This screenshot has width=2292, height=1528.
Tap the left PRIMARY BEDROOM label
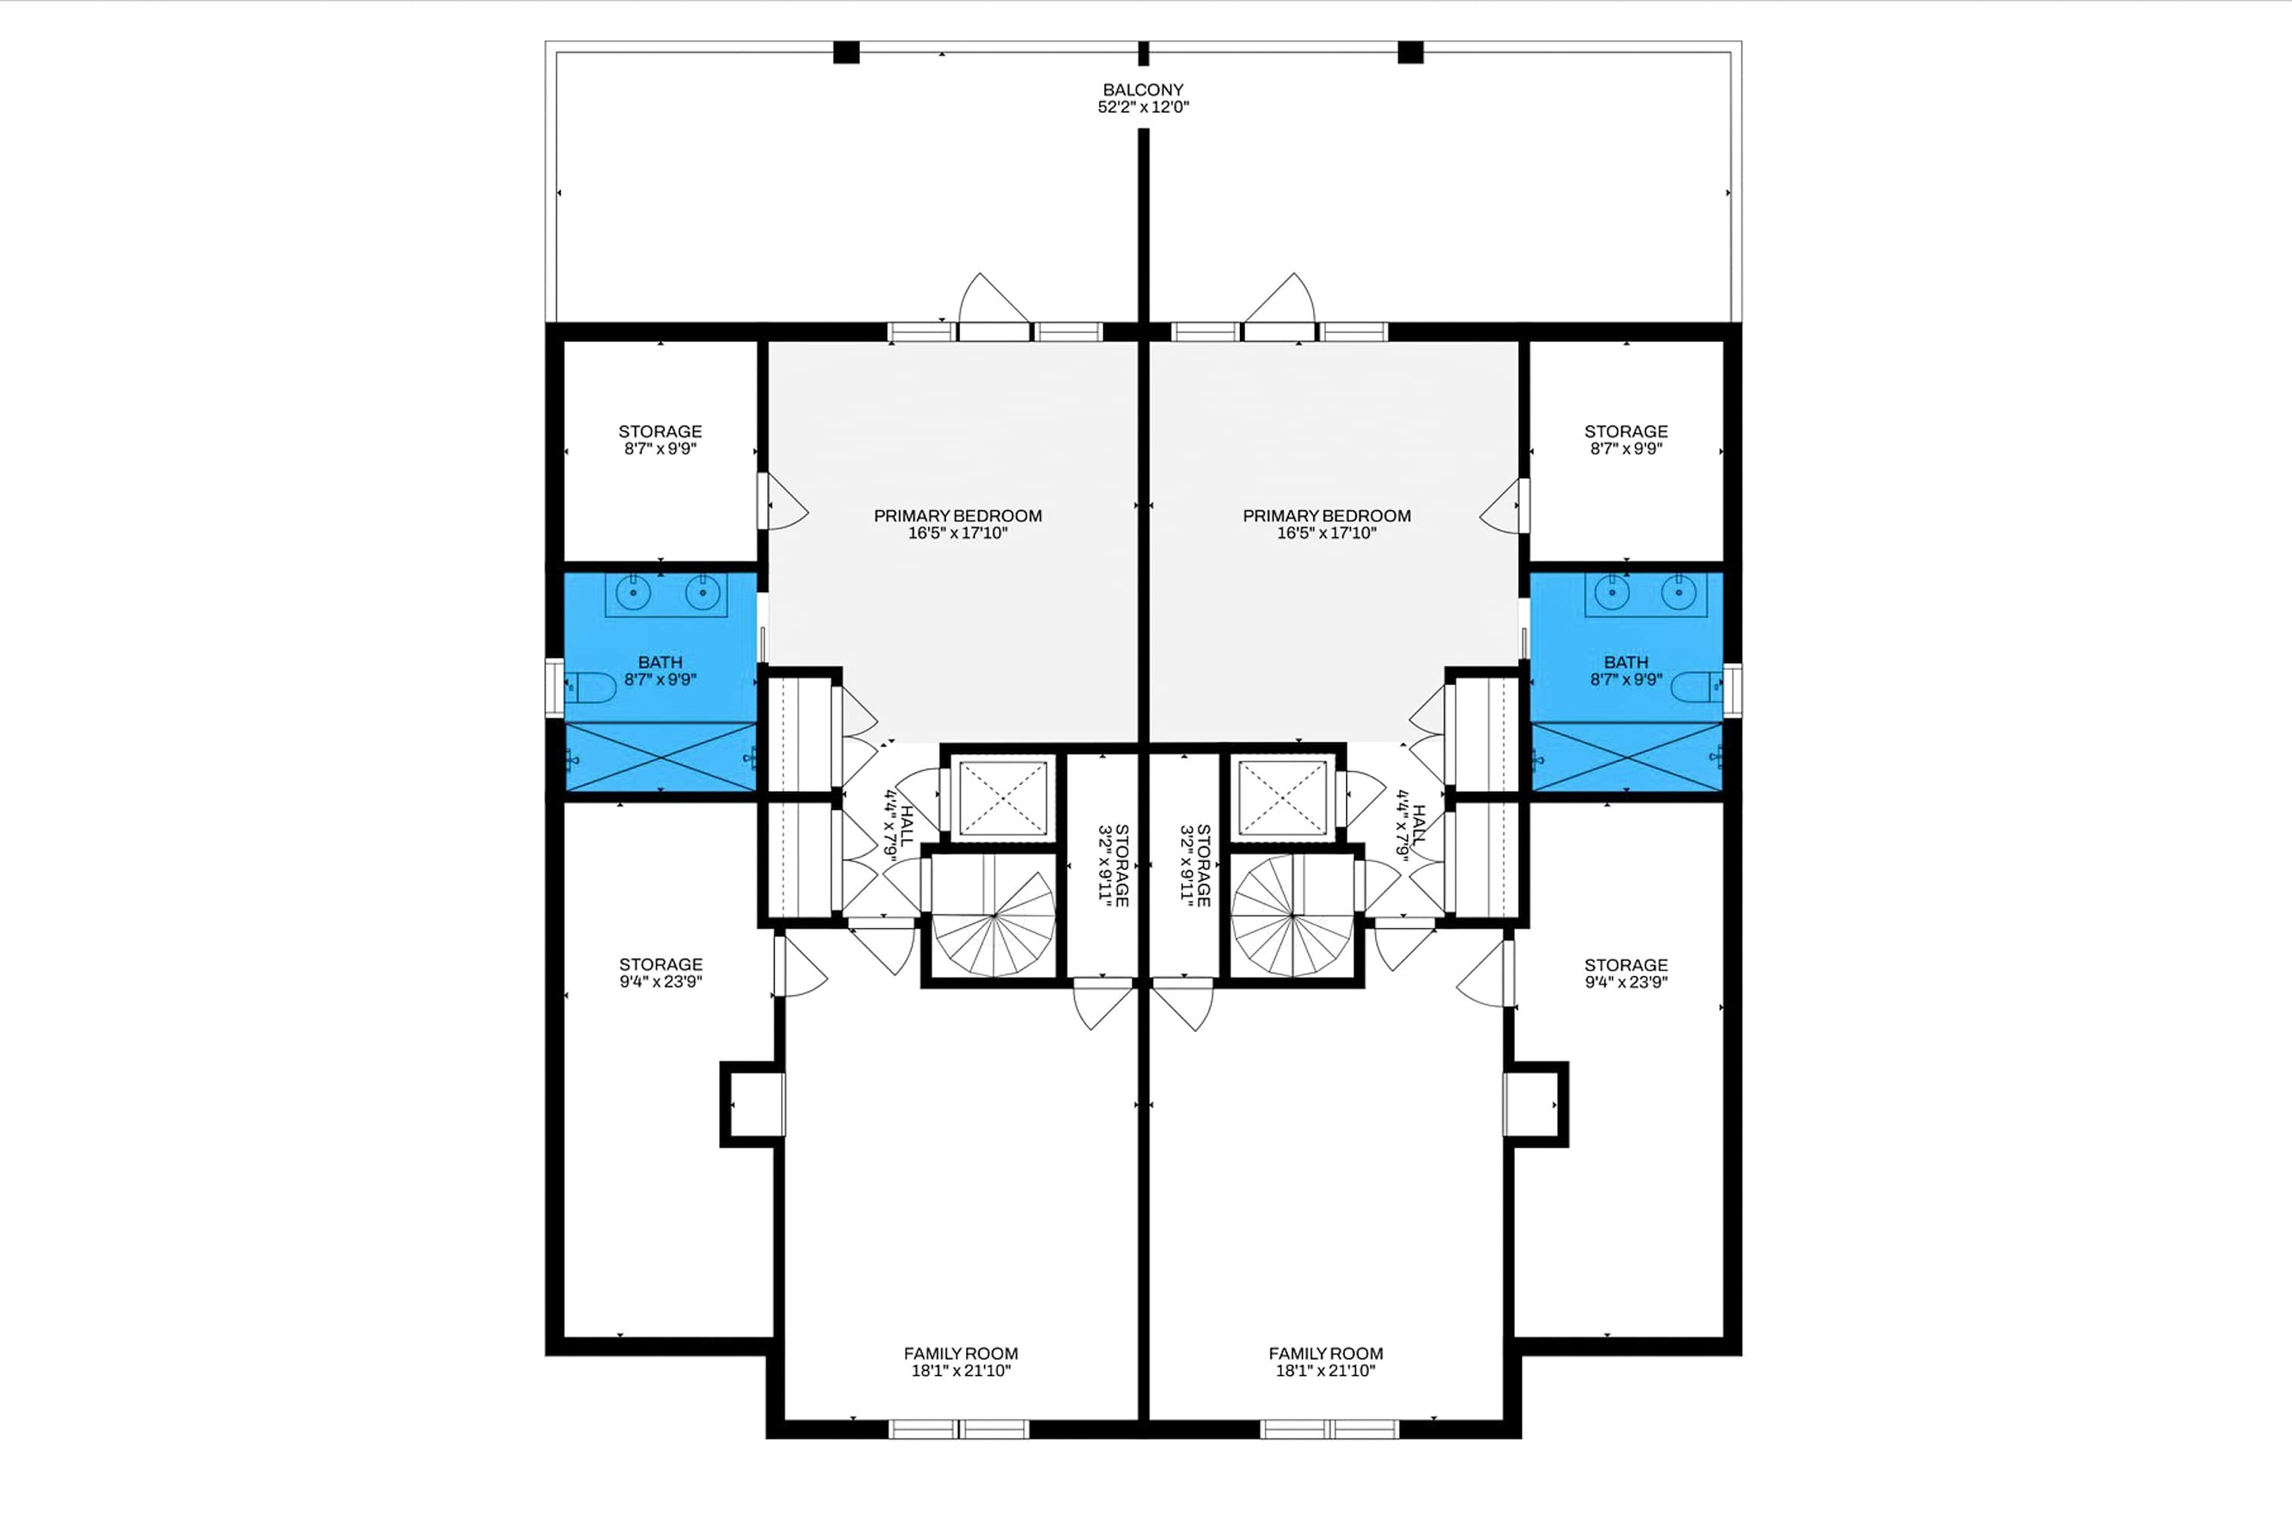point(958,524)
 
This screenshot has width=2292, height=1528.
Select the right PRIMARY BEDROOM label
point(1326,524)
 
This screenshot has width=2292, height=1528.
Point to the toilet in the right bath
point(1698,687)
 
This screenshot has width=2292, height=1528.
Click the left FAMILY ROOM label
point(961,1354)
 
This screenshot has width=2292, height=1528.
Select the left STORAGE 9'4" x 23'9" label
point(661,973)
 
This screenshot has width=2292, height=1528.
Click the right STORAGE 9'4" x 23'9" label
point(1626,973)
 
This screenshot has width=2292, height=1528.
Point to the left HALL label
point(898,824)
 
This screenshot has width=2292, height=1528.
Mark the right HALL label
point(1411,825)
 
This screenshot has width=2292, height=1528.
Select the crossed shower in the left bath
point(661,756)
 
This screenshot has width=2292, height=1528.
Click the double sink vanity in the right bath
point(1645,594)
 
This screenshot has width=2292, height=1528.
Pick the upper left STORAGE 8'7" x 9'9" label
point(661,439)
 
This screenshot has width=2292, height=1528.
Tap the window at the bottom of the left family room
point(959,1429)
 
